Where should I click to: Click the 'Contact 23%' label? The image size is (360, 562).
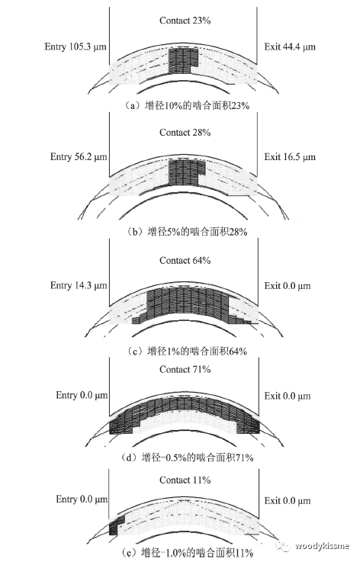185,21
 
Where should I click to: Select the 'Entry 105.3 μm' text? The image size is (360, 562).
76,47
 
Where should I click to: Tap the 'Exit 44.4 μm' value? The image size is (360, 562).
290,47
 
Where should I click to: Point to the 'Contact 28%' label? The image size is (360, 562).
185,133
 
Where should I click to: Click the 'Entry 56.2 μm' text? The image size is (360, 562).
79,157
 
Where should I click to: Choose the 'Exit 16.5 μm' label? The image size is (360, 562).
290,157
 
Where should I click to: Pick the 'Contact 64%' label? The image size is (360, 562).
185,261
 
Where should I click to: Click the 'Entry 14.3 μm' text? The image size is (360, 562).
79,286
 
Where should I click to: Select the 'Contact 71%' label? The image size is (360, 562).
185,370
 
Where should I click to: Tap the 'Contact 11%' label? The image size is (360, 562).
185,480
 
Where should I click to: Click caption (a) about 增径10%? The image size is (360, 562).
186,106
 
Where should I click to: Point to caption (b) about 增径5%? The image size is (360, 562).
186,232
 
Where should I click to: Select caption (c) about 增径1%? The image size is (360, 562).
186,352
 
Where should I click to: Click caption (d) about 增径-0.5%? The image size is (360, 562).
187,458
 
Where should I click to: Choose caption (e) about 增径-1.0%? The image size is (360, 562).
187,553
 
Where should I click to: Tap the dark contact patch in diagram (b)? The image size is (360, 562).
184,173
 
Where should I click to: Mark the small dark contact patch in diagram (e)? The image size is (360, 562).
115,525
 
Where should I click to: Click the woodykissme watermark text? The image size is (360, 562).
322,546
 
